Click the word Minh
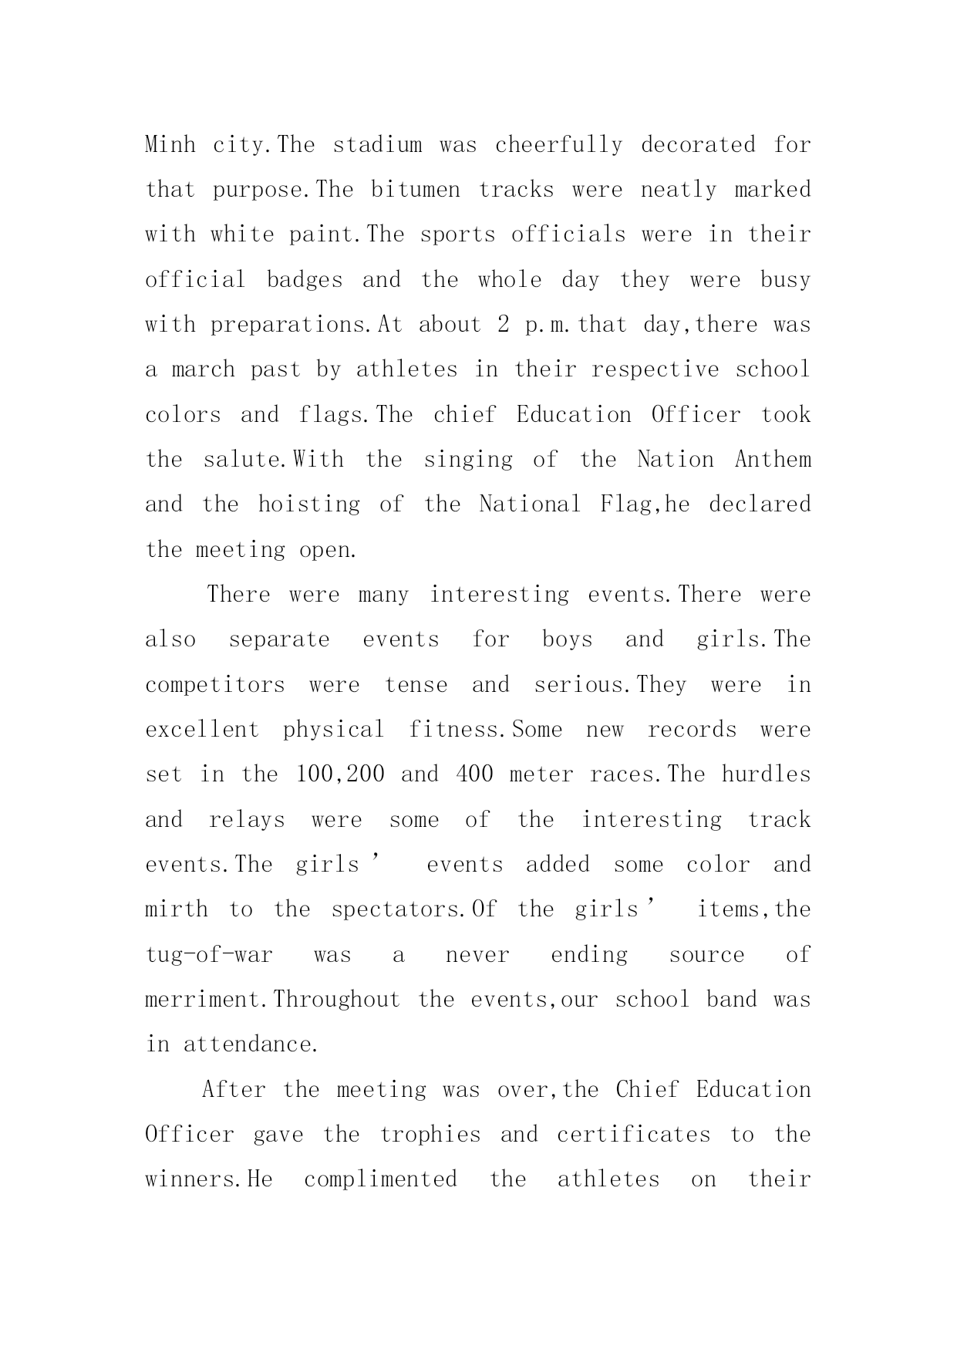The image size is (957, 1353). pyautogui.click(x=170, y=145)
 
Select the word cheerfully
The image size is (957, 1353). pyautogui.click(x=558, y=145)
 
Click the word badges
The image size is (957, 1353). pyautogui.click(x=305, y=280)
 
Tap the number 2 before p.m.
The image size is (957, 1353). pyautogui.click(x=503, y=325)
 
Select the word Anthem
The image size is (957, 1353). pyautogui.click(x=773, y=460)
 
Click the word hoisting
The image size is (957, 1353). pyautogui.click(x=308, y=504)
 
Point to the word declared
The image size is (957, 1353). pyautogui.click(x=760, y=504)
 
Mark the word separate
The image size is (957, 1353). pyautogui.click(x=279, y=639)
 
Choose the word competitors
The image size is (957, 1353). pyautogui.click(x=215, y=685)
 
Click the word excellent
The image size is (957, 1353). pyautogui.click(x=202, y=730)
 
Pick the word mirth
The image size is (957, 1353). pyautogui.click(x=177, y=909)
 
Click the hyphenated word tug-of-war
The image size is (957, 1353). pyautogui.click(x=209, y=955)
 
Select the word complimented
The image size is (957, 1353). pyautogui.click(x=380, y=1179)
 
